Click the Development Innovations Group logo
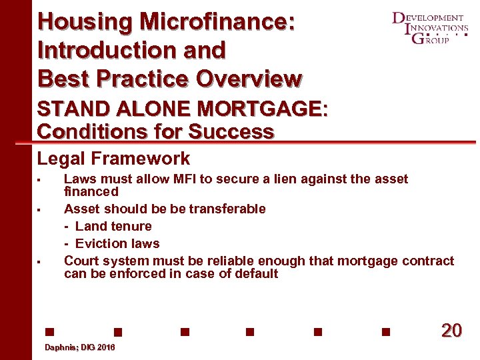[x=430, y=28]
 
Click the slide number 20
[x=451, y=331]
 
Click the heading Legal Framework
[x=113, y=159]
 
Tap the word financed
[x=91, y=191]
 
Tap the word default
[x=257, y=273]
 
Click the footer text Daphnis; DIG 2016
[x=79, y=348]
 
